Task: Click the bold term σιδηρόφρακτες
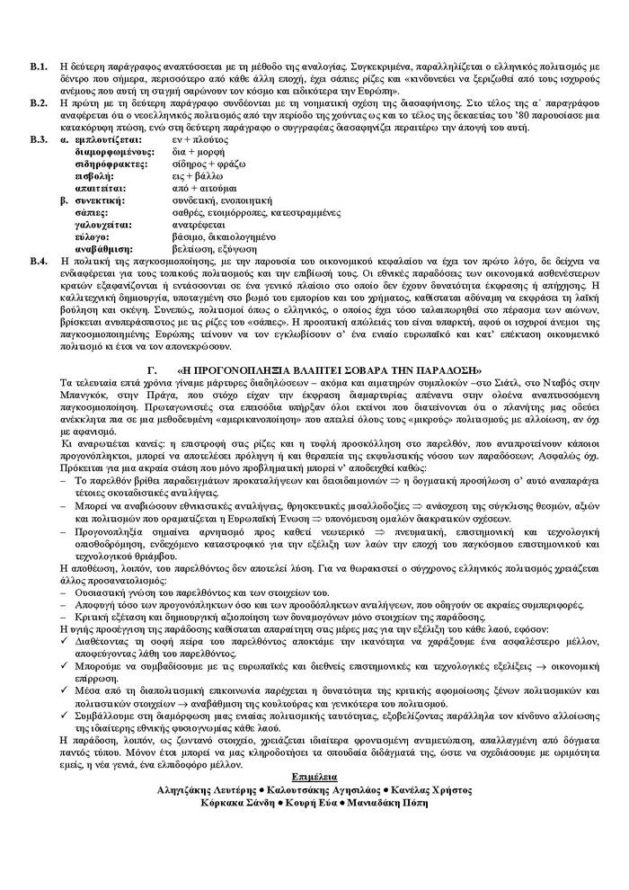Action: [111, 165]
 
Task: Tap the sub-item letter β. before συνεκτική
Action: [63, 200]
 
